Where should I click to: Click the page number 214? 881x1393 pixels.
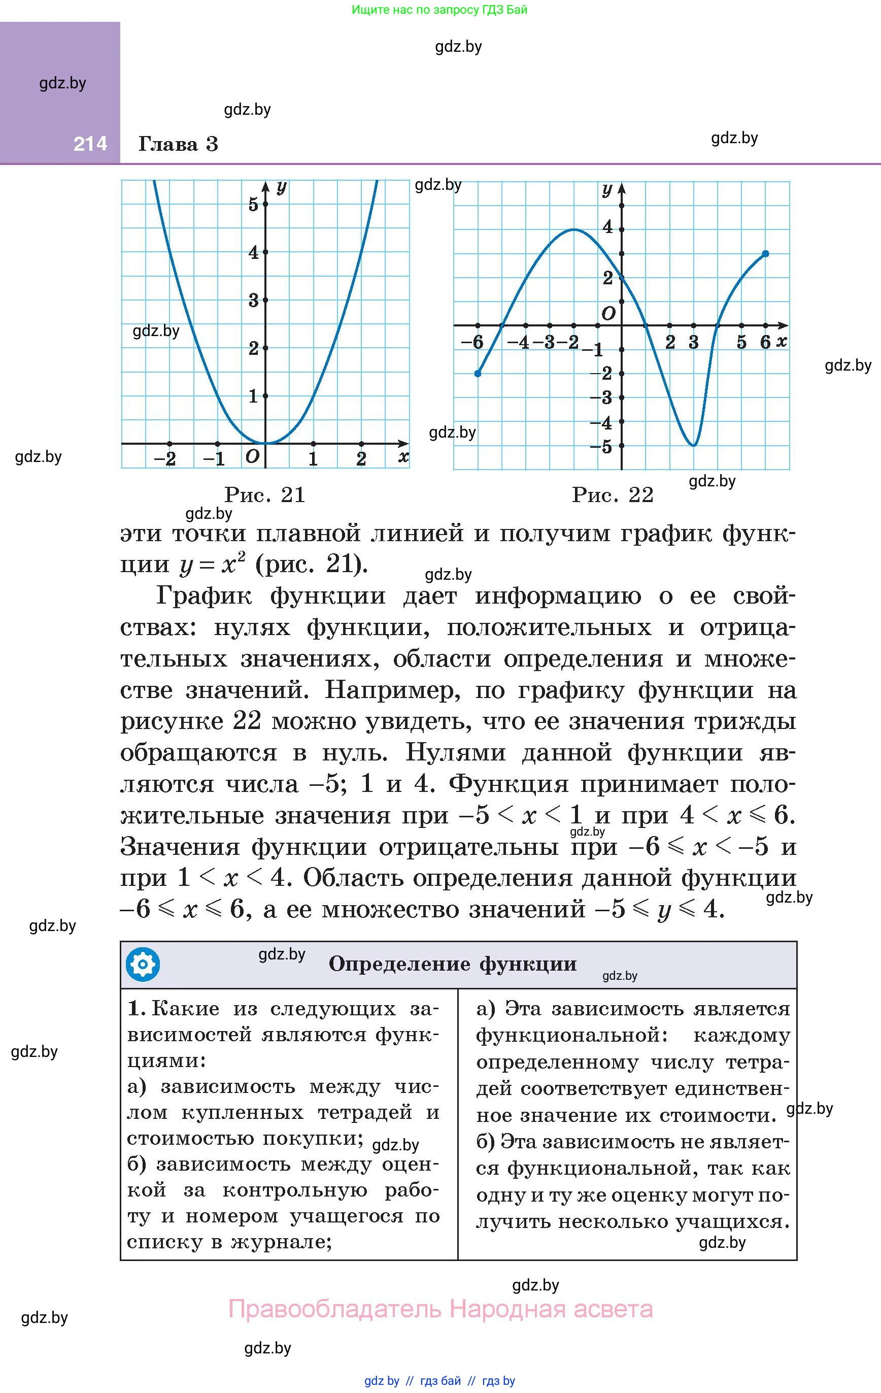click(90, 144)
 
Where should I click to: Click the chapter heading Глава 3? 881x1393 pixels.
click(178, 144)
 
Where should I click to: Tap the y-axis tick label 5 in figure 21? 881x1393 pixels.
click(253, 204)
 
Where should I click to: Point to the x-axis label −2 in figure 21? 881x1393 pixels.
click(165, 459)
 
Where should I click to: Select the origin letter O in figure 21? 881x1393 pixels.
click(252, 456)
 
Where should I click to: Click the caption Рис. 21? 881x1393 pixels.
click(265, 494)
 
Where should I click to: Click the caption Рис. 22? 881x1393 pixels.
click(613, 494)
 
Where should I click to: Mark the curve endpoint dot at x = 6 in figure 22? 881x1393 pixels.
click(765, 253)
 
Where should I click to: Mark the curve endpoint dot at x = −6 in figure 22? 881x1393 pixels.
click(478, 374)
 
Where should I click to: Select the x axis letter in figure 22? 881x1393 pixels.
click(782, 341)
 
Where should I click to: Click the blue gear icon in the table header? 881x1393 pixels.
click(142, 965)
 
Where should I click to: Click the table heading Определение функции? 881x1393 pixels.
click(452, 964)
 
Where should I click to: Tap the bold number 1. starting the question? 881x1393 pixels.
click(136, 1008)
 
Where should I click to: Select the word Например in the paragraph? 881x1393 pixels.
click(392, 689)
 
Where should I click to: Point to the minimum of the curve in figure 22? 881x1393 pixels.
click(694, 445)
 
